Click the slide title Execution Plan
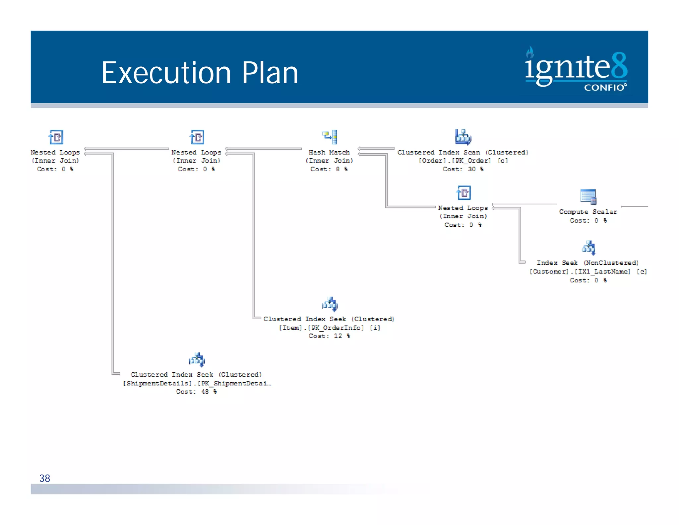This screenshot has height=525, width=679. [200, 73]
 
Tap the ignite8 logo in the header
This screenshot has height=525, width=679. [576, 69]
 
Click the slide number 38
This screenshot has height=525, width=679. [45, 478]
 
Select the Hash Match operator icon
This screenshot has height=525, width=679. [330, 137]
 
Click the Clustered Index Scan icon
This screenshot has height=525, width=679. [463, 137]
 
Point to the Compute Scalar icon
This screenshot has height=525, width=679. [588, 196]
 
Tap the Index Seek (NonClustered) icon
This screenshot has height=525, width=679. [588, 248]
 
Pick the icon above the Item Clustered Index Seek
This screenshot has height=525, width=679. [330, 304]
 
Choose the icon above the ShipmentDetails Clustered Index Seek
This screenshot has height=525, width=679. [197, 360]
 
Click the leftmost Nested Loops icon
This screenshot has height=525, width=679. [56, 137]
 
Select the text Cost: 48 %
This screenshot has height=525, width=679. [196, 392]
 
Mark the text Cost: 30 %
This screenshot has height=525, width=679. [463, 169]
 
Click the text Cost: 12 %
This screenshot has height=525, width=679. [329, 336]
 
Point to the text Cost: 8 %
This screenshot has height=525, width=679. [329, 169]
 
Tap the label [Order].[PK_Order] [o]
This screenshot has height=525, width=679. [463, 161]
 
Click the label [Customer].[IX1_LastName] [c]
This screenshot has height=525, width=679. [588, 272]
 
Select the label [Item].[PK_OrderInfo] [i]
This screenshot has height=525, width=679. [329, 328]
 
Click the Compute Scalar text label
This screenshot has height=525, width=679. [588, 212]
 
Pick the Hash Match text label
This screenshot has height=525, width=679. [329, 152]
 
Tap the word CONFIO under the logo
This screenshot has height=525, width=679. [604, 88]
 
